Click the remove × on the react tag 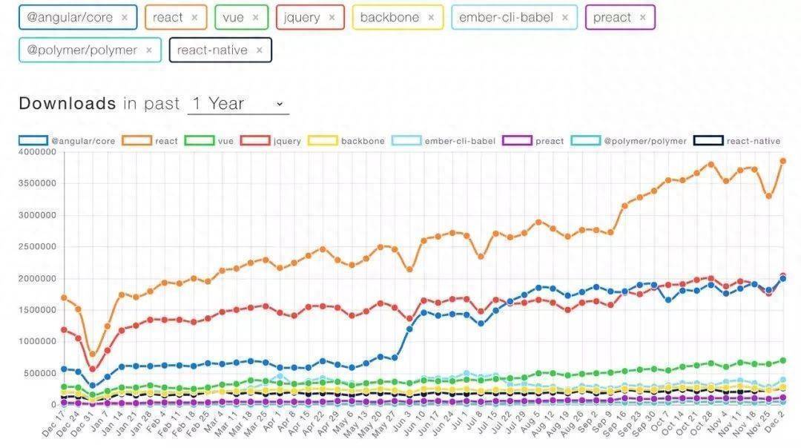pos(194,17)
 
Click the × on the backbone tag pos(431,17)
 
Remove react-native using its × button pos(259,50)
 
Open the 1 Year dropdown pos(238,104)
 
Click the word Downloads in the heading pos(67,104)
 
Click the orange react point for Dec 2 pos(782,161)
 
